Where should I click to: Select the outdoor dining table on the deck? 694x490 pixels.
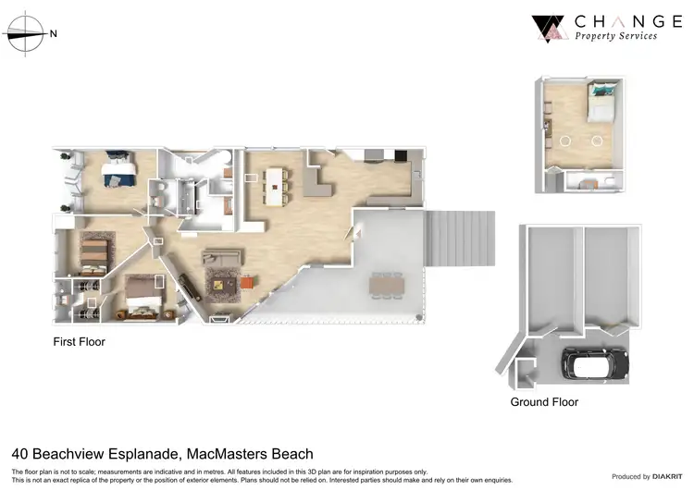click(x=388, y=285)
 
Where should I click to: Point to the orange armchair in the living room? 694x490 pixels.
click(x=247, y=281)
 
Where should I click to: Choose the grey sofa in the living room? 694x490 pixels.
click(x=222, y=260)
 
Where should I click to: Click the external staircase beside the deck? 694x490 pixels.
click(x=459, y=238)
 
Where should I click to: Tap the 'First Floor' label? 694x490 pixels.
click(x=79, y=342)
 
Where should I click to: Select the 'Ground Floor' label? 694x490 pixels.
click(x=544, y=402)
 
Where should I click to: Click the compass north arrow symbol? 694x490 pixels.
click(x=28, y=34)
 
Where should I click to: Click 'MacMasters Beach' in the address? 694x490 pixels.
click(x=250, y=454)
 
